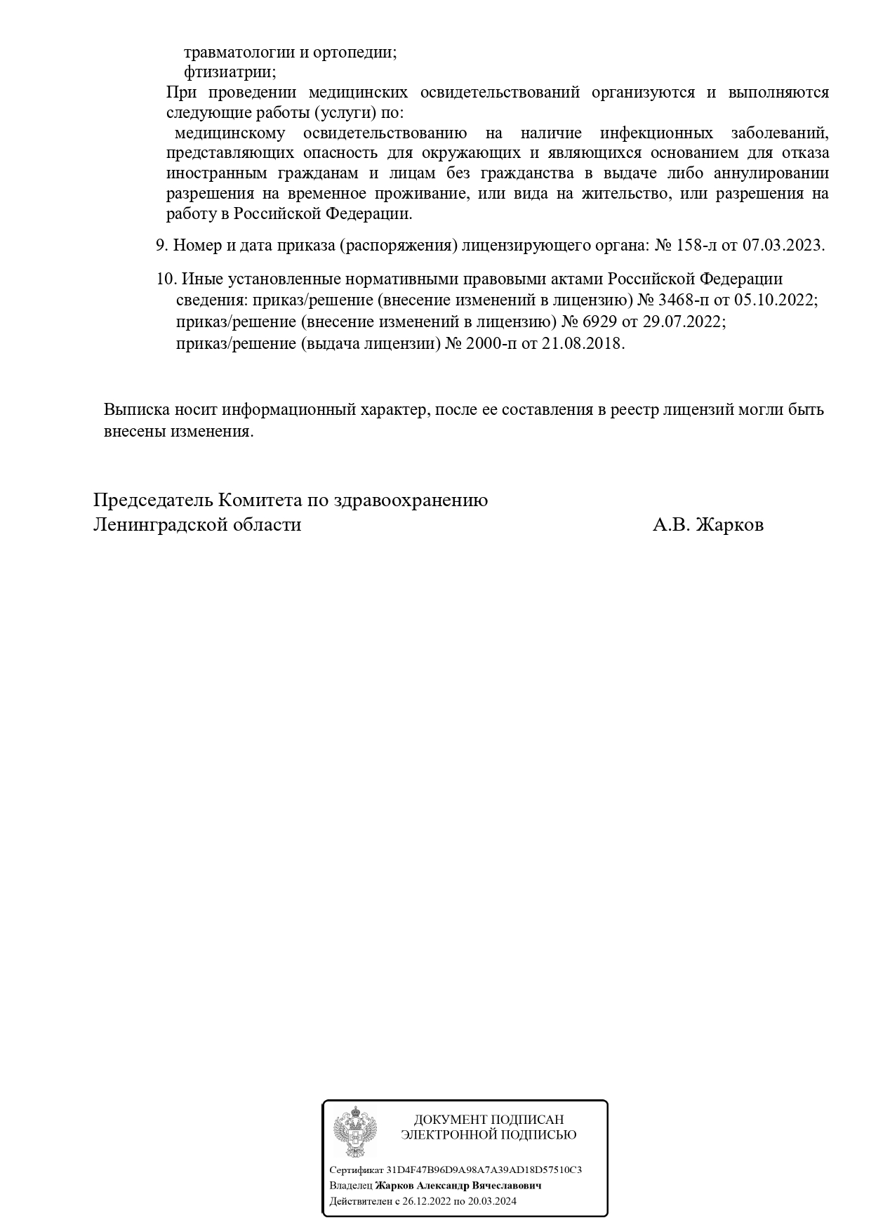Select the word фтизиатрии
point(230,72)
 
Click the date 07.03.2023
point(783,246)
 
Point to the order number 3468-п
point(682,300)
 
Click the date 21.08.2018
point(583,344)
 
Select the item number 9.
point(161,246)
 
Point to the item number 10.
point(166,279)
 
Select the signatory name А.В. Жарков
point(707,525)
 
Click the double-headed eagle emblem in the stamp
point(354,1132)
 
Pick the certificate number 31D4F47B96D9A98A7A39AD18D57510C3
point(484,1170)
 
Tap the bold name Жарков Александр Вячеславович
point(458,1186)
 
